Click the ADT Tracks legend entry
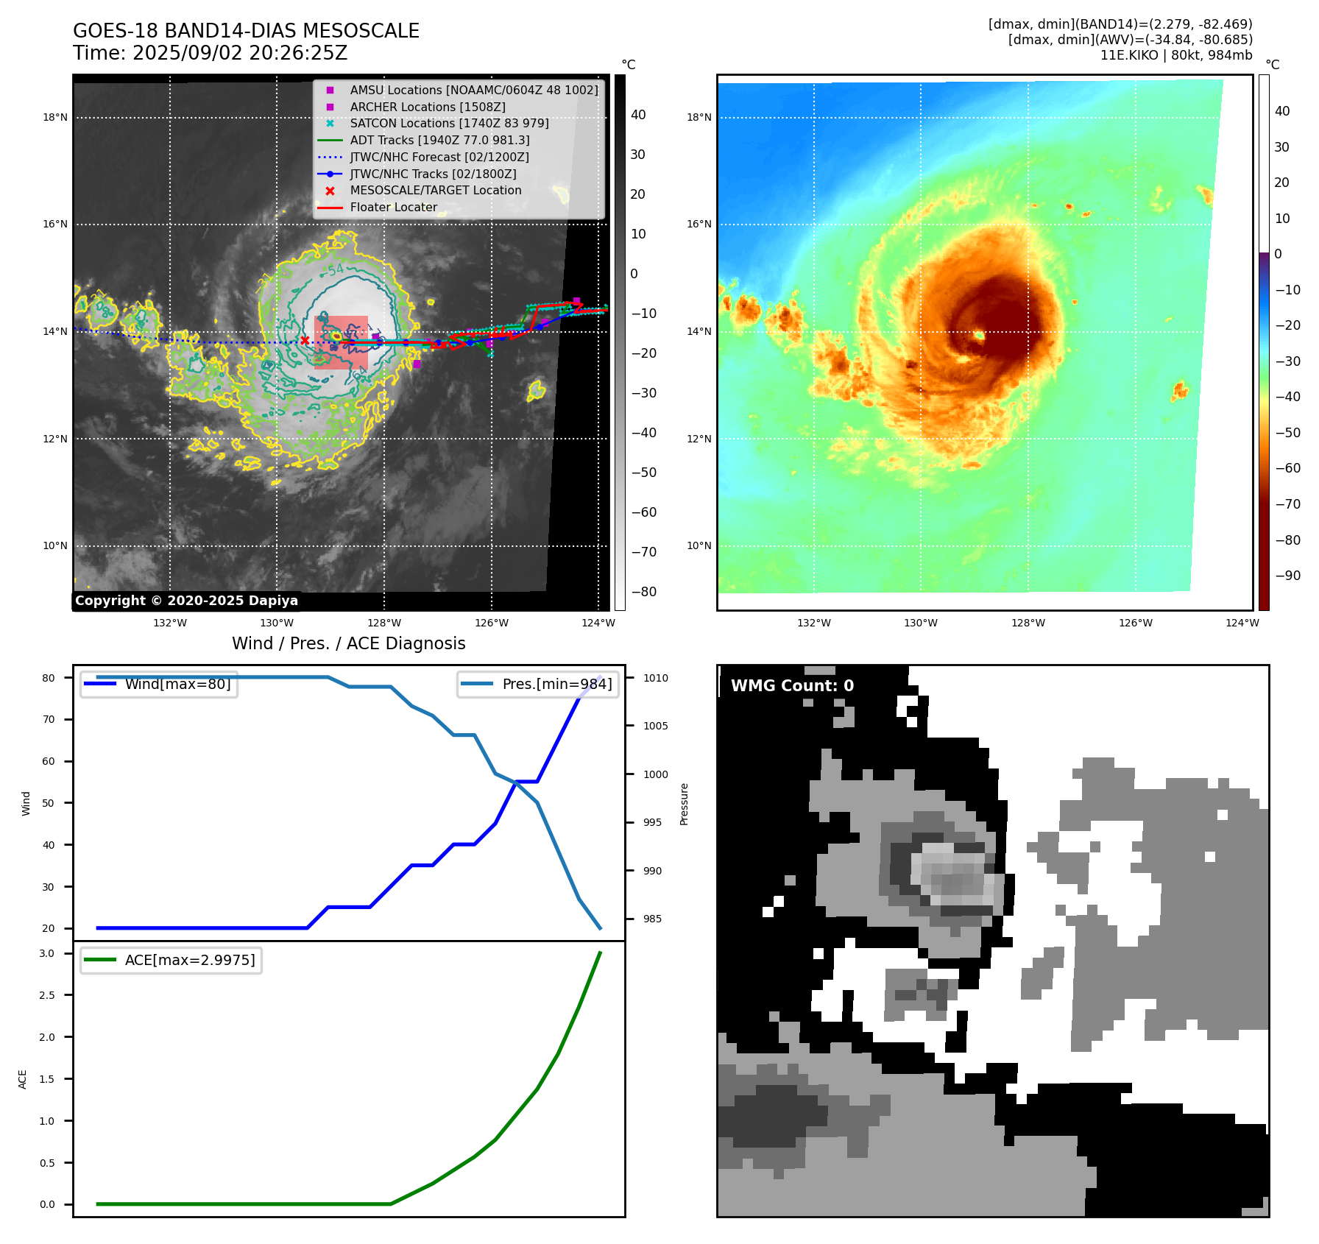coord(439,141)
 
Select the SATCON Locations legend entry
coord(449,124)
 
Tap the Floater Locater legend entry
coord(393,208)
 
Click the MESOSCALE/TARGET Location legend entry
coord(435,191)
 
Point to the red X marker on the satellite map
coord(305,340)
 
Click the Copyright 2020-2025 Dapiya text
coord(186,601)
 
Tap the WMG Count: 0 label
coord(792,686)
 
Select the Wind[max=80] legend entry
coord(177,685)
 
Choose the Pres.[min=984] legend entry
coord(556,685)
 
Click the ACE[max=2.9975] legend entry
coord(190,961)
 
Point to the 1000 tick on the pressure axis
coord(655,774)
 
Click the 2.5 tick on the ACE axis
coord(47,995)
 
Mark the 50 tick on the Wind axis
coord(49,803)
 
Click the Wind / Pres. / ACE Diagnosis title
coord(348,644)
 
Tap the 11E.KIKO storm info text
coord(1175,56)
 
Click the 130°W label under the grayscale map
coord(277,623)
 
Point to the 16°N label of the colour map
coord(699,225)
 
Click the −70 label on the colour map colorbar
coord(1287,504)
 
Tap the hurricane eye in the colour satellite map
coord(979,336)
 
